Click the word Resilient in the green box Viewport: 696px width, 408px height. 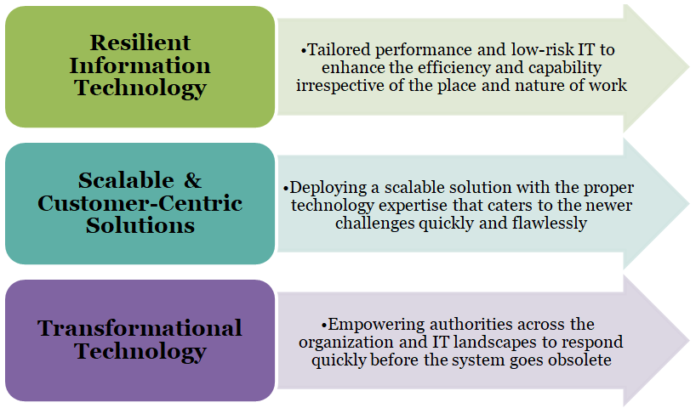tap(140, 42)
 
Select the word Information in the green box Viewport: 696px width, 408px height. tap(140, 65)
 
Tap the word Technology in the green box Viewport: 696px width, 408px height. tap(140, 88)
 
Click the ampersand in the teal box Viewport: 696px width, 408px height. tap(192, 180)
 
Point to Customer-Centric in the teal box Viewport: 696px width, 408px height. tap(140, 203)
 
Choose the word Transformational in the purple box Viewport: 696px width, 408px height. tap(140, 328)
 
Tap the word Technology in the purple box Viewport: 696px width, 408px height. tap(140, 352)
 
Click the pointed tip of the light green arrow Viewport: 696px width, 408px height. tap(689, 68)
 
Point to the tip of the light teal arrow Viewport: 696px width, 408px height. tap(689, 204)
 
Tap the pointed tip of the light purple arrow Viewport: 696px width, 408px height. tap(689, 341)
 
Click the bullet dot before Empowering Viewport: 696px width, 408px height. tap(323, 325)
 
